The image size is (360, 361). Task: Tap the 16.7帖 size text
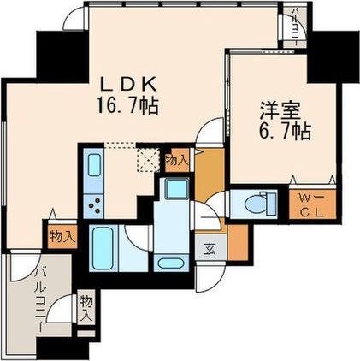129,108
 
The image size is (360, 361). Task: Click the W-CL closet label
304,205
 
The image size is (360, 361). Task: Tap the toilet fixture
257,204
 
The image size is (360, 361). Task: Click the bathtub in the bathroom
103,247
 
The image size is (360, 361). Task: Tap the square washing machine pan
177,190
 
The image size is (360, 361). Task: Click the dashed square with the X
150,158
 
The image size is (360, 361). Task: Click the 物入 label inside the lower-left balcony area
86,306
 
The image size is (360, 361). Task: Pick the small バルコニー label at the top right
295,23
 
